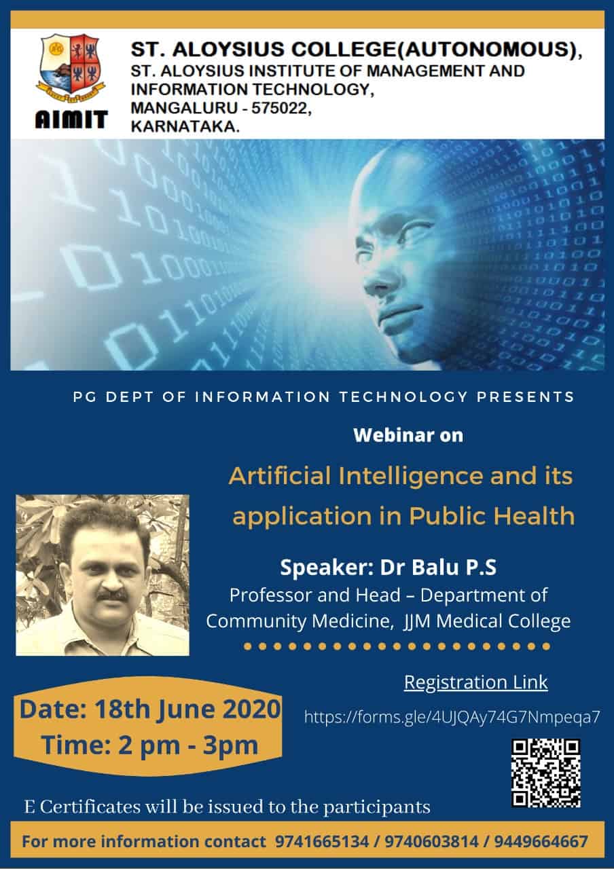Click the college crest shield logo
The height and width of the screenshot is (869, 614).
(x=71, y=69)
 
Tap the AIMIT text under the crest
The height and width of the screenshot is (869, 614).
(x=71, y=119)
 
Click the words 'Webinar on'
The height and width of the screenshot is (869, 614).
(x=408, y=435)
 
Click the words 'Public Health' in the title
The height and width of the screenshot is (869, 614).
(x=492, y=517)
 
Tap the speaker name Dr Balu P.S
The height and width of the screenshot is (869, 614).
(x=438, y=567)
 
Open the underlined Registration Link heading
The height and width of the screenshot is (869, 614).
(x=476, y=682)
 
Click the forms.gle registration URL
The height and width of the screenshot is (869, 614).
(x=452, y=717)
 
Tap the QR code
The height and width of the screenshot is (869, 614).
(x=545, y=773)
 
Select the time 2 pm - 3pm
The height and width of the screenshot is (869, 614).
(x=188, y=745)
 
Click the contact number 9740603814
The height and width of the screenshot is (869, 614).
(x=431, y=841)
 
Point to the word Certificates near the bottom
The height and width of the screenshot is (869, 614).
(x=90, y=807)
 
